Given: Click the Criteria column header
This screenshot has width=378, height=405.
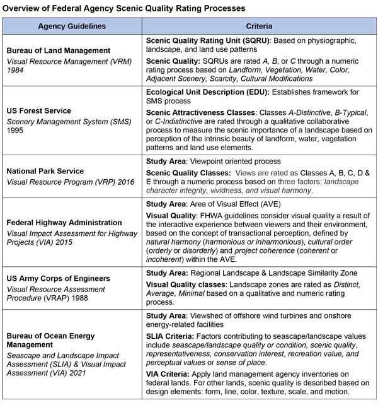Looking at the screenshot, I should pos(259,28).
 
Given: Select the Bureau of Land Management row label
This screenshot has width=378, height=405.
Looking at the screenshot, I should pos(59,50).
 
